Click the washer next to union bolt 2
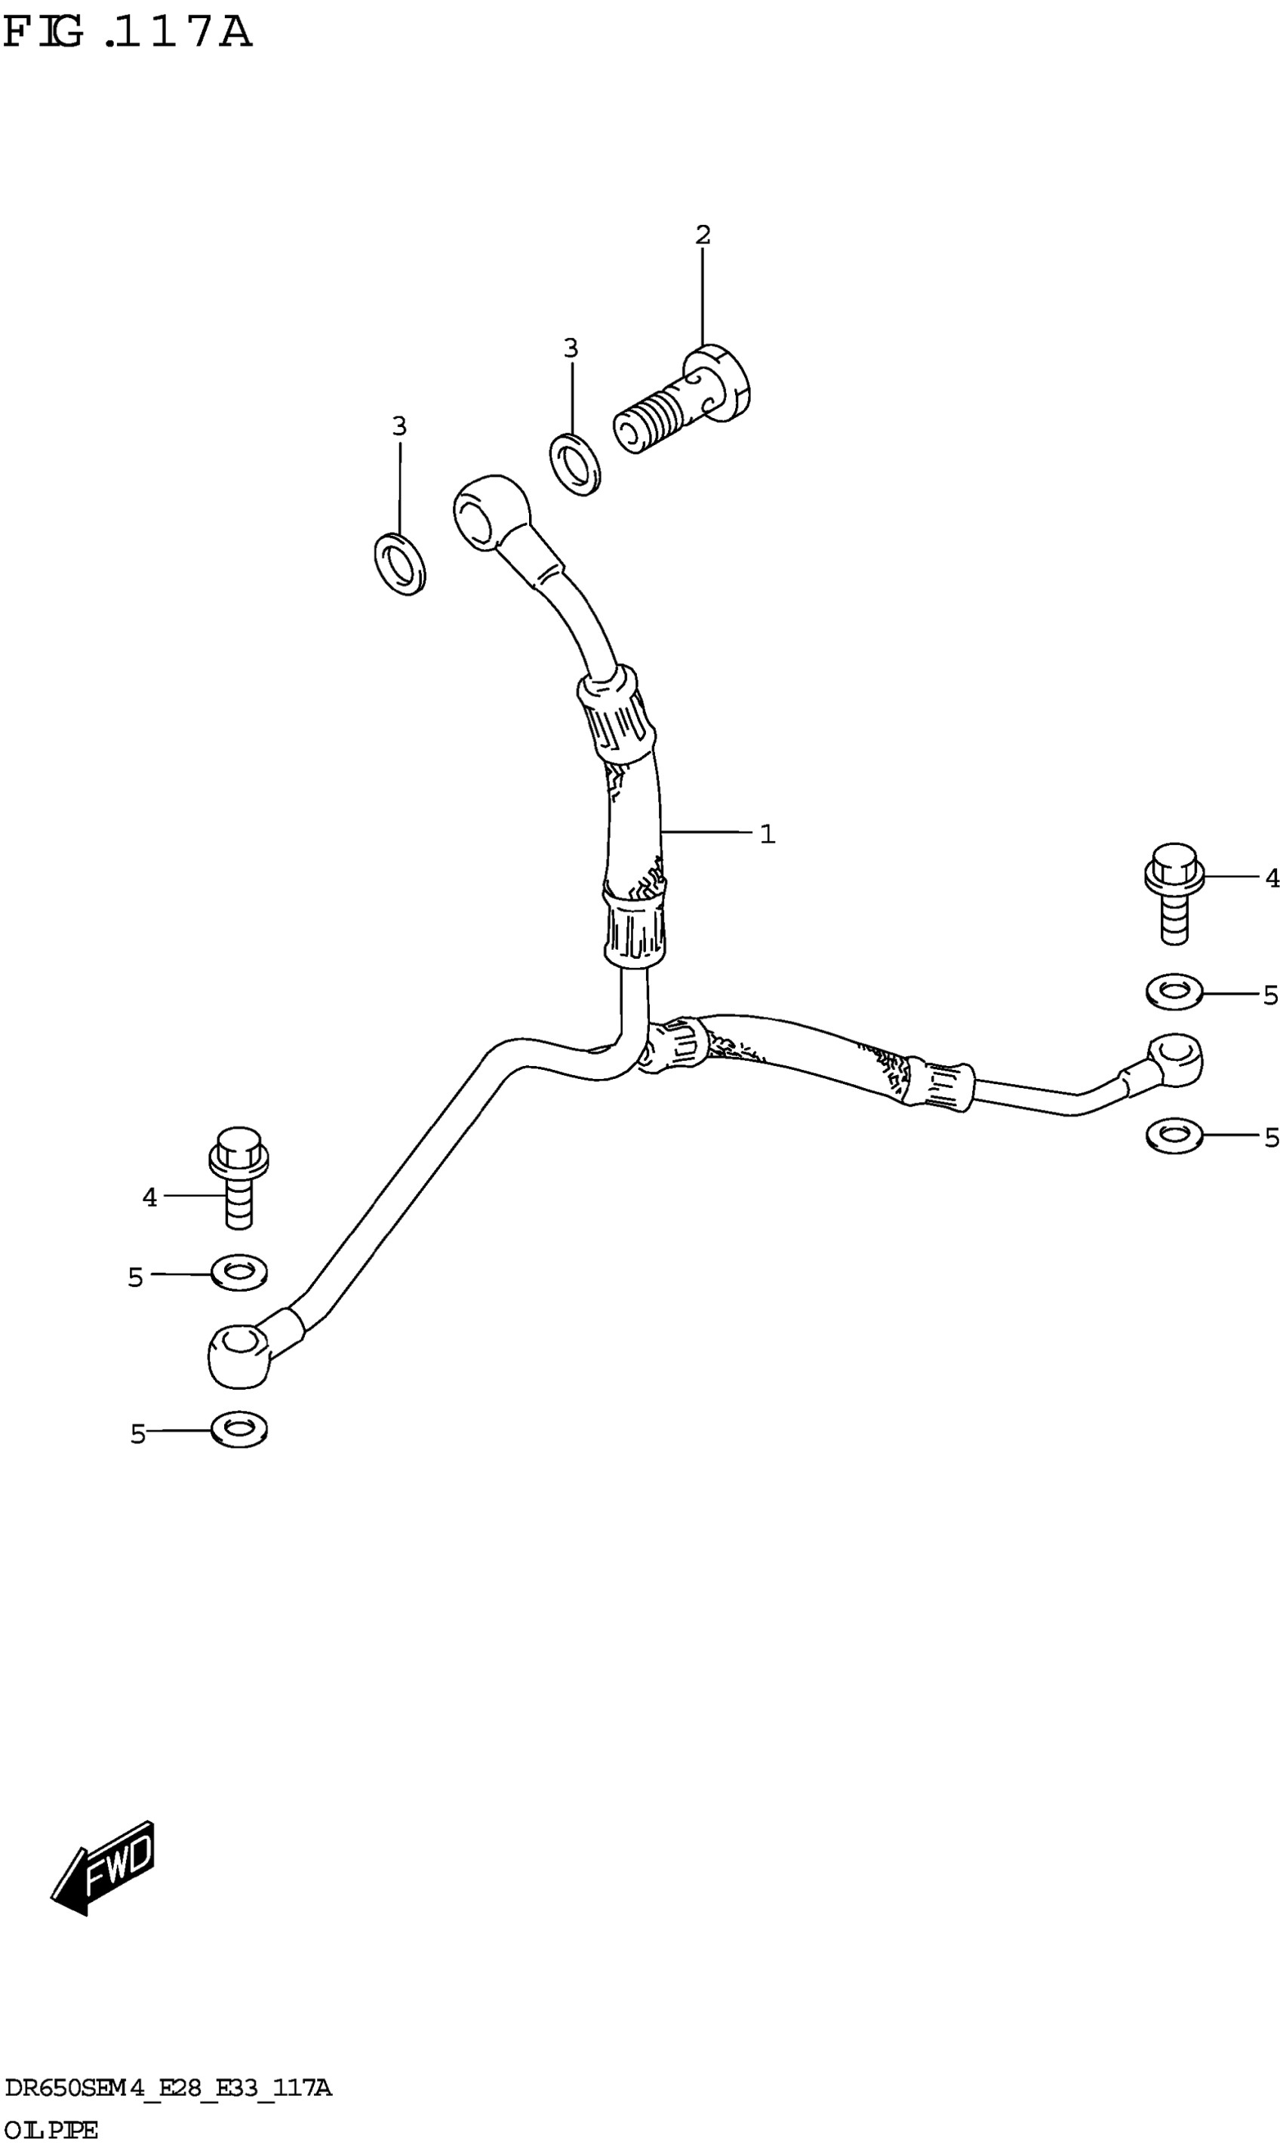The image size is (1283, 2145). click(576, 465)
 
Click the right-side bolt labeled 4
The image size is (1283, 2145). click(1174, 893)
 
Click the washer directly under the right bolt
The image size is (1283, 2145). click(1174, 991)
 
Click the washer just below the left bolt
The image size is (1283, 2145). click(239, 1273)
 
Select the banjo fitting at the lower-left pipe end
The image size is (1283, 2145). click(238, 1354)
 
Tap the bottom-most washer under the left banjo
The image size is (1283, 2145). click(239, 1431)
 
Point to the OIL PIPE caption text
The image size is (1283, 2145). click(51, 2129)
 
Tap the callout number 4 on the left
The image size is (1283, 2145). click(149, 1198)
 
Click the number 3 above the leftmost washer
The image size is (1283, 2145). click(398, 426)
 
